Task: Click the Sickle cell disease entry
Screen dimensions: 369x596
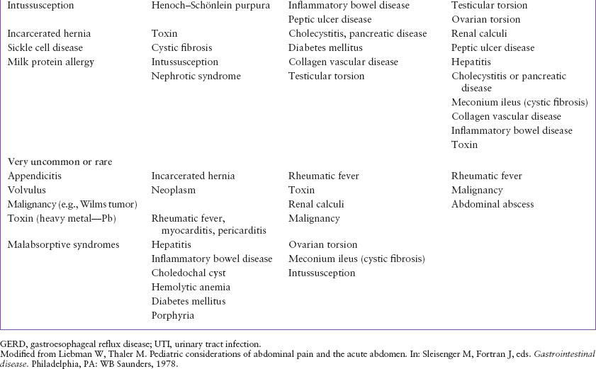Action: click(45, 47)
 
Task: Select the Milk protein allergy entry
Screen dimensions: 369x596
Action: click(50, 62)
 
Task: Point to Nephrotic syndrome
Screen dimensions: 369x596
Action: click(196, 76)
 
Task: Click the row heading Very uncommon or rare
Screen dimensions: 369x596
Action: click(51, 161)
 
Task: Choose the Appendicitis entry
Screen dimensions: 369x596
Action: click(34, 176)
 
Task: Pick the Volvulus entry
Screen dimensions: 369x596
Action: click(28, 190)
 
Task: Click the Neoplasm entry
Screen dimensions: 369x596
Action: click(173, 190)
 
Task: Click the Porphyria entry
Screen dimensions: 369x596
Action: click(172, 315)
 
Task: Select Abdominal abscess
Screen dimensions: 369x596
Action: click(493, 204)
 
